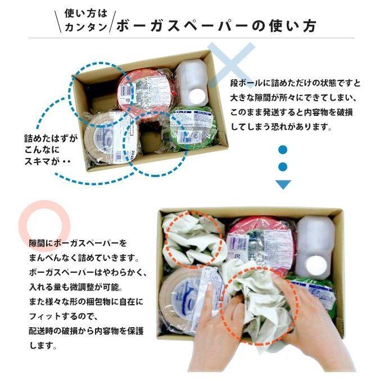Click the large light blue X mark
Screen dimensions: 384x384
coord(231,65)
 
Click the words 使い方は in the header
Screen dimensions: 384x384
coord(82,13)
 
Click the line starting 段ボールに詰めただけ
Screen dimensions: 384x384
coord(295,84)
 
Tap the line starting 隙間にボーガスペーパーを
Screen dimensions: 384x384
coord(78,243)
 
